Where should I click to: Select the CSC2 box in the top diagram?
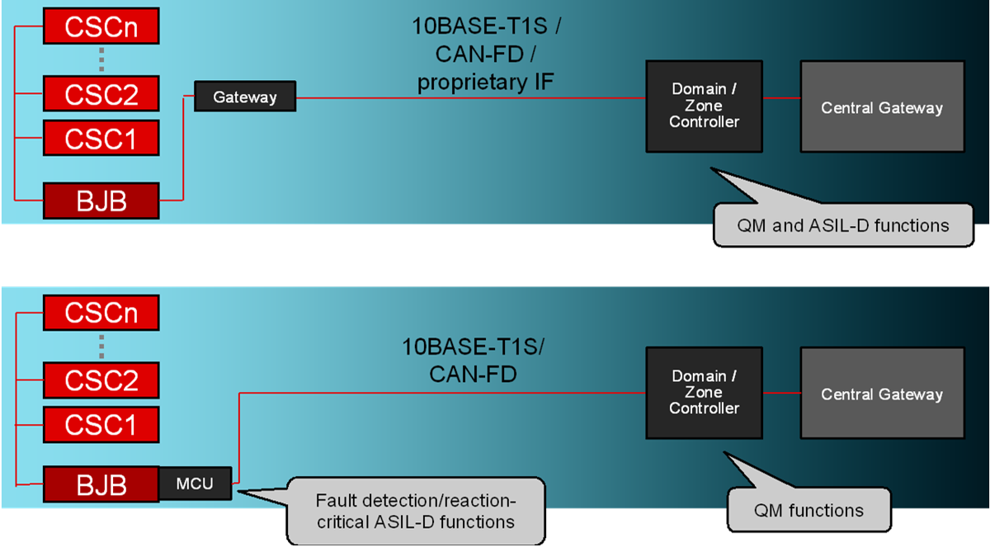pos(100,94)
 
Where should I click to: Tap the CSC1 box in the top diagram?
pos(100,138)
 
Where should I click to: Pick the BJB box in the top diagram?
pos(100,200)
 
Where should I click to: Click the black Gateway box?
pos(245,97)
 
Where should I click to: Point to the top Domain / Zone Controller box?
pos(704,106)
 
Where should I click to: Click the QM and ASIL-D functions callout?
pos(843,224)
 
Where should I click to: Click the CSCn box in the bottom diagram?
pos(100,313)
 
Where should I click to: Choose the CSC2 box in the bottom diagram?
pos(100,380)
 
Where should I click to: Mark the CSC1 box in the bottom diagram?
pos(100,424)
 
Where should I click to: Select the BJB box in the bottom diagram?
pos(100,485)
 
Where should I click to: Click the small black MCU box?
pos(195,483)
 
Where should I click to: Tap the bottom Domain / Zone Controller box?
pos(704,392)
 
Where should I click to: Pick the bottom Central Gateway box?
pos(881,394)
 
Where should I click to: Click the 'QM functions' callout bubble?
pos(808,511)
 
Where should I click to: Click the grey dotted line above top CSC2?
pos(101,59)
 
